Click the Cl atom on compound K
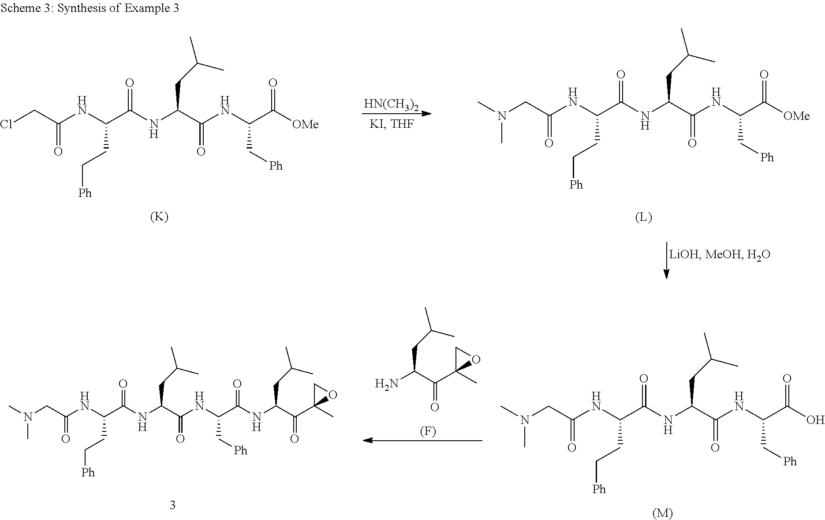6,125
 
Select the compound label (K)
159,217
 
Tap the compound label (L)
643,217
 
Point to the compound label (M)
662,513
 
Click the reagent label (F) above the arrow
427,431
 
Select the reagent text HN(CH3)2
391,105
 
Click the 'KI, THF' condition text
392,124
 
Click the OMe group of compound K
305,125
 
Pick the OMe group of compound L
796,116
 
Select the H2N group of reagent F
386,383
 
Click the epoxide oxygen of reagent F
476,360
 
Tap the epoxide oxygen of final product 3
332,394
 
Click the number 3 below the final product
172,505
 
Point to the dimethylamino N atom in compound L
502,116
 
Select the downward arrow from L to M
666,260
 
